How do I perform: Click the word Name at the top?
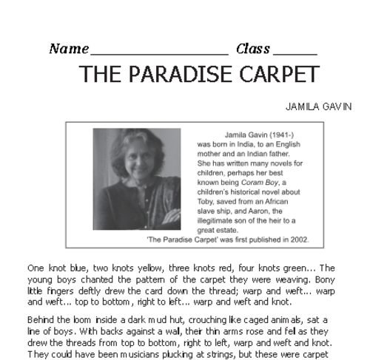pyautogui.click(x=68, y=50)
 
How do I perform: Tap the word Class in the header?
pyautogui.click(x=252, y=50)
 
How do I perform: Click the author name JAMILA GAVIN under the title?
pyautogui.click(x=318, y=106)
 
